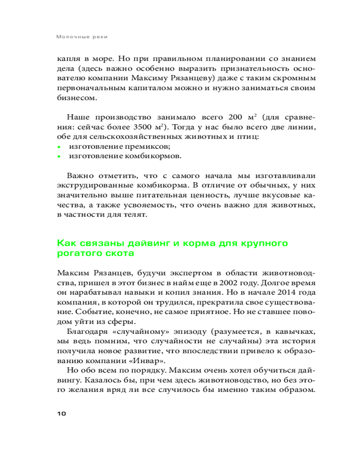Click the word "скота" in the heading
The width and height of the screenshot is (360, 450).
pos(118,254)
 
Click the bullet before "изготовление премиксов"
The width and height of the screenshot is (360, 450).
pos(59,147)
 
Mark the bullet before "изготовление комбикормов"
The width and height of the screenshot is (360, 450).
pos(59,157)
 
